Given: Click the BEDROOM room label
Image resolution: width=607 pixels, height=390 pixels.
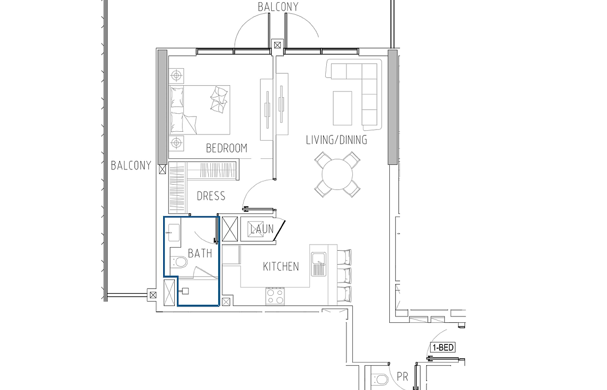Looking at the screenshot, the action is pos(227,148).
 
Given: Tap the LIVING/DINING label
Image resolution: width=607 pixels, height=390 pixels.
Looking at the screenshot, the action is pos(336,140).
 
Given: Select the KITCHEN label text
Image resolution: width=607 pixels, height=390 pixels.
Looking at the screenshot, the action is pos(281,267).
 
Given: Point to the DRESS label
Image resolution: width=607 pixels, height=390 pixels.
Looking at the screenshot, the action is pos(211,196).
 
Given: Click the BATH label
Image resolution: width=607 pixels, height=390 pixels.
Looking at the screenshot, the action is pos(200,253).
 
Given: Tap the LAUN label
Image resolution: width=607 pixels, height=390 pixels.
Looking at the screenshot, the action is pos(262,230).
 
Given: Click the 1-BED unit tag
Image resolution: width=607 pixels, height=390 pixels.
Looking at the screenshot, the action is pos(443,348).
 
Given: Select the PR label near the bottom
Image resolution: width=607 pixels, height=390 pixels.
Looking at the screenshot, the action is pos(402,376).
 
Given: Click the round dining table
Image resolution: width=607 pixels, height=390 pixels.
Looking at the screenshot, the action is pos(337,175).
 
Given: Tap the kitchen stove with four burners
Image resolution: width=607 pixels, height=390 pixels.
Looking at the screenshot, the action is pos(275,296).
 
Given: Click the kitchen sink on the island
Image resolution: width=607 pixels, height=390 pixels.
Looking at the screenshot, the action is pos(319,264).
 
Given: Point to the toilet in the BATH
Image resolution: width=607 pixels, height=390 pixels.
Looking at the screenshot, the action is pos(179,263).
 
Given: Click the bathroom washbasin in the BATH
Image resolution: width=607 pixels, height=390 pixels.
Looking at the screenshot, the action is pos(174,232).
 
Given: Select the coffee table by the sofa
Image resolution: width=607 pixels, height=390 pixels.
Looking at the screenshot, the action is pos(343,108).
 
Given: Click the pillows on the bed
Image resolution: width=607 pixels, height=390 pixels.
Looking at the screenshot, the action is pos(218,100).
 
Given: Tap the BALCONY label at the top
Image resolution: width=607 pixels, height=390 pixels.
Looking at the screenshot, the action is pos(278,7).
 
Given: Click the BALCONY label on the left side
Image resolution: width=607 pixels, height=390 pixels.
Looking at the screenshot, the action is pos(131,166).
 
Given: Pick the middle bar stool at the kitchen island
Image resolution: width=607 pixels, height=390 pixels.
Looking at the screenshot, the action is pos(344,275).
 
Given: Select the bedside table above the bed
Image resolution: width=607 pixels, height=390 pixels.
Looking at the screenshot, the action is pos(176,76).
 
